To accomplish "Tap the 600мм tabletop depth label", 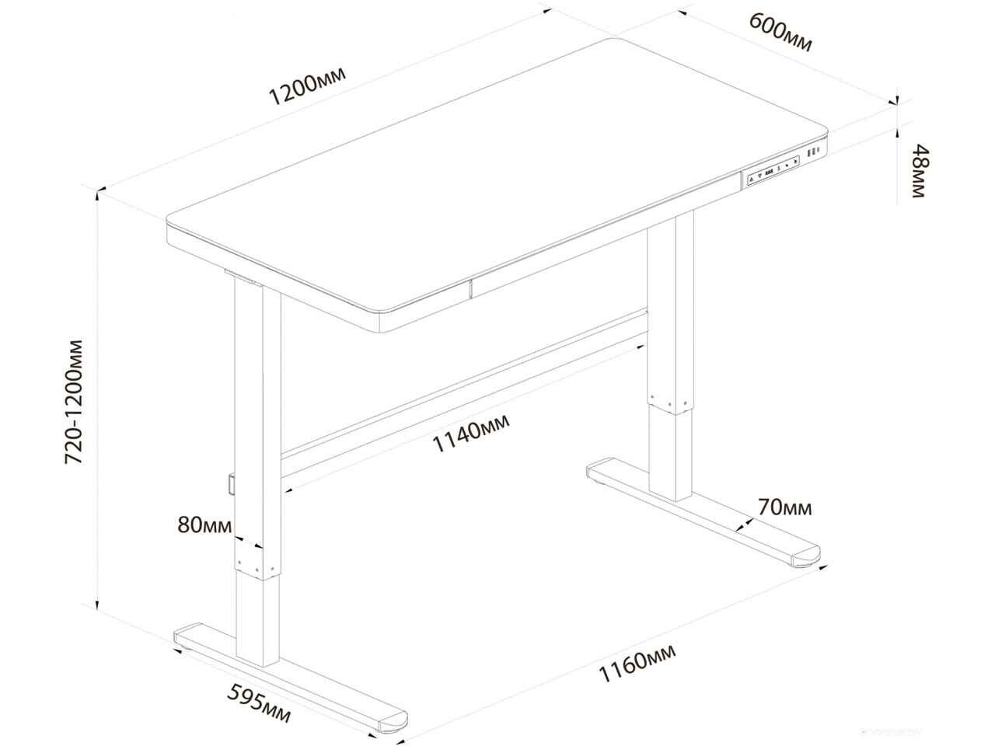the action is point(780,32).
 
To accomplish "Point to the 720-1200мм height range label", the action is point(75,402).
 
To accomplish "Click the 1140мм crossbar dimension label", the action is point(471,431).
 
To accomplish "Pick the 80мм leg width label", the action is point(204,525).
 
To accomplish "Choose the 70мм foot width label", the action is point(784,507).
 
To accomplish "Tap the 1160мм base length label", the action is point(637,669).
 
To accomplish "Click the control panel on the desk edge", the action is point(772,170).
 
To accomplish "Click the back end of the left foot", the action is point(187,636).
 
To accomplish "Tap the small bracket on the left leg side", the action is point(232,484).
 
